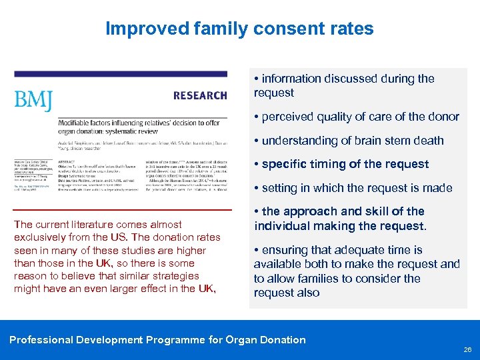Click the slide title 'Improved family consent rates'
239,29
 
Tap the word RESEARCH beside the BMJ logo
200,96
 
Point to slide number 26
467,349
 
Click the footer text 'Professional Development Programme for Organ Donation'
157,340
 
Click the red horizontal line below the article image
123,210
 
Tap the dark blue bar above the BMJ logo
120,74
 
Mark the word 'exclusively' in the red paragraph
40,238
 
